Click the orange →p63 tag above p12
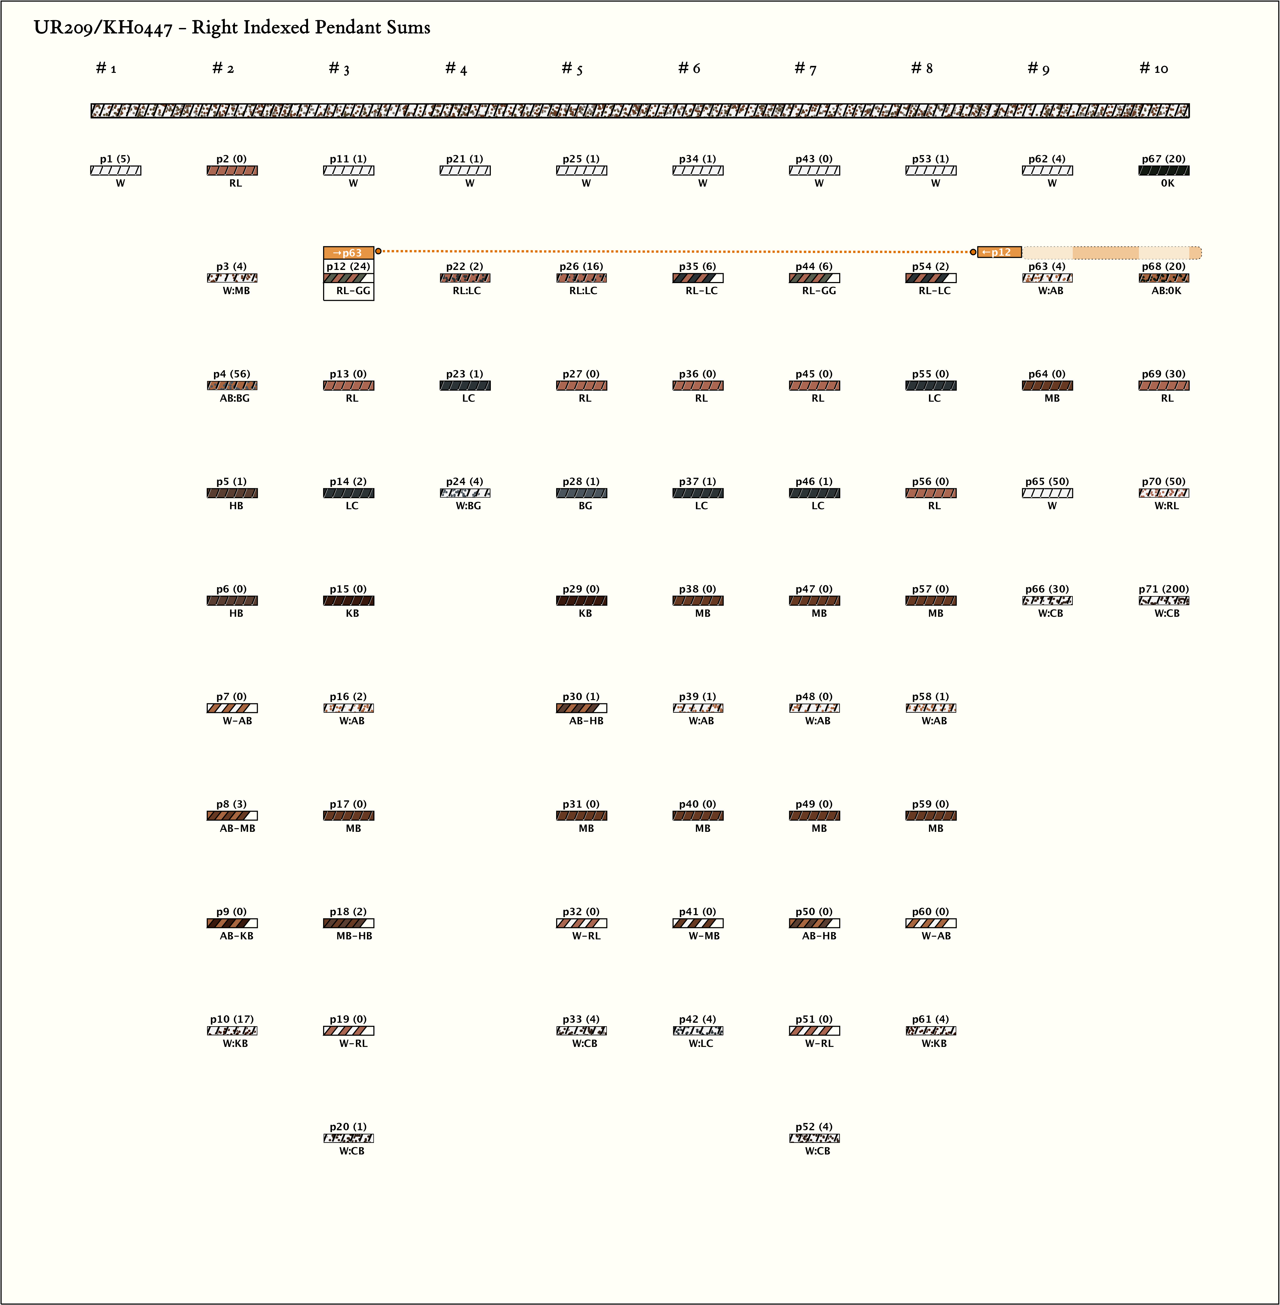[348, 253]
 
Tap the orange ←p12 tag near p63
[999, 252]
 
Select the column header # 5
[572, 69]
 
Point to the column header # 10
[1154, 69]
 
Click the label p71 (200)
[1164, 589]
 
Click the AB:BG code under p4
[235, 398]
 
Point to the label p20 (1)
[348, 1127]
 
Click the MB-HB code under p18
[354, 936]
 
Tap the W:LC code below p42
[701, 1043]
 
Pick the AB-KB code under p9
[237, 936]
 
